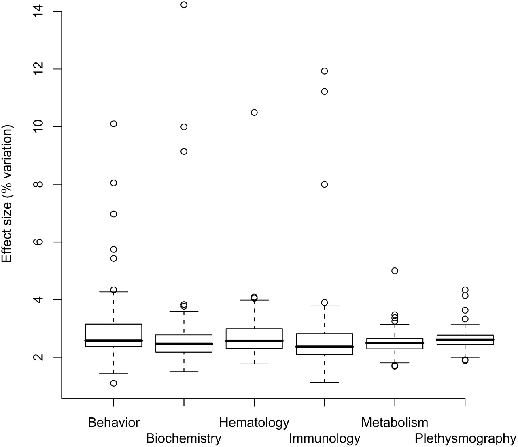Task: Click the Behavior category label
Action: pos(114,423)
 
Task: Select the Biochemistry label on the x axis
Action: pos(184,438)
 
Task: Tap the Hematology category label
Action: pos(254,423)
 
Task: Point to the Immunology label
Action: pos(324,438)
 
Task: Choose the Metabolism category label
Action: pos(395,423)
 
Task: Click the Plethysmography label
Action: pos(465,438)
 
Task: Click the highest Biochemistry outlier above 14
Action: pos(184,5)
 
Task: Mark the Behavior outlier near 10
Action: pos(114,124)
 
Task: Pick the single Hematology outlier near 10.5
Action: pos(254,112)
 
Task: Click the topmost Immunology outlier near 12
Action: pos(324,71)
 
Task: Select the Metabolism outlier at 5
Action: pos(395,271)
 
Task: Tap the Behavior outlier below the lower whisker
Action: pos(114,383)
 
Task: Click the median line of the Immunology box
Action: pos(324,346)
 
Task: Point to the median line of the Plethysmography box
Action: pos(465,340)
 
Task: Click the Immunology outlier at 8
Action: pos(324,184)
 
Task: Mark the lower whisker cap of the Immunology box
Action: pos(324,382)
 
